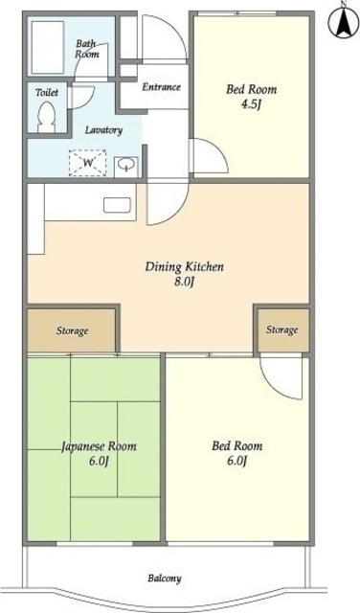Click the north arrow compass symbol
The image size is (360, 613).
click(343, 21)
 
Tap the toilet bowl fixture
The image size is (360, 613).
click(47, 117)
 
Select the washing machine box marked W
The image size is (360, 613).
click(87, 163)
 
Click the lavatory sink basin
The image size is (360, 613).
click(126, 165)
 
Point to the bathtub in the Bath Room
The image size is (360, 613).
click(48, 47)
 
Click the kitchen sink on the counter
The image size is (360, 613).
click(117, 206)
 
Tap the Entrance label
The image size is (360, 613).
click(161, 87)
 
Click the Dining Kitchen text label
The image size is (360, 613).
click(185, 267)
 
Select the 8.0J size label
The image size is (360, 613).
click(184, 283)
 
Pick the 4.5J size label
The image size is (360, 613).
click(251, 104)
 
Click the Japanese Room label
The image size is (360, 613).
click(99, 446)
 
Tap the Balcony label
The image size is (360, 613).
click(165, 579)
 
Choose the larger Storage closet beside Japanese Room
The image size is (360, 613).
click(72, 330)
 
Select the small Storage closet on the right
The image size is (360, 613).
click(283, 329)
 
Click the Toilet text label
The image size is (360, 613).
click(47, 93)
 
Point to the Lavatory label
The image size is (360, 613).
click(104, 130)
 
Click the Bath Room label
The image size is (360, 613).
click(87, 49)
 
